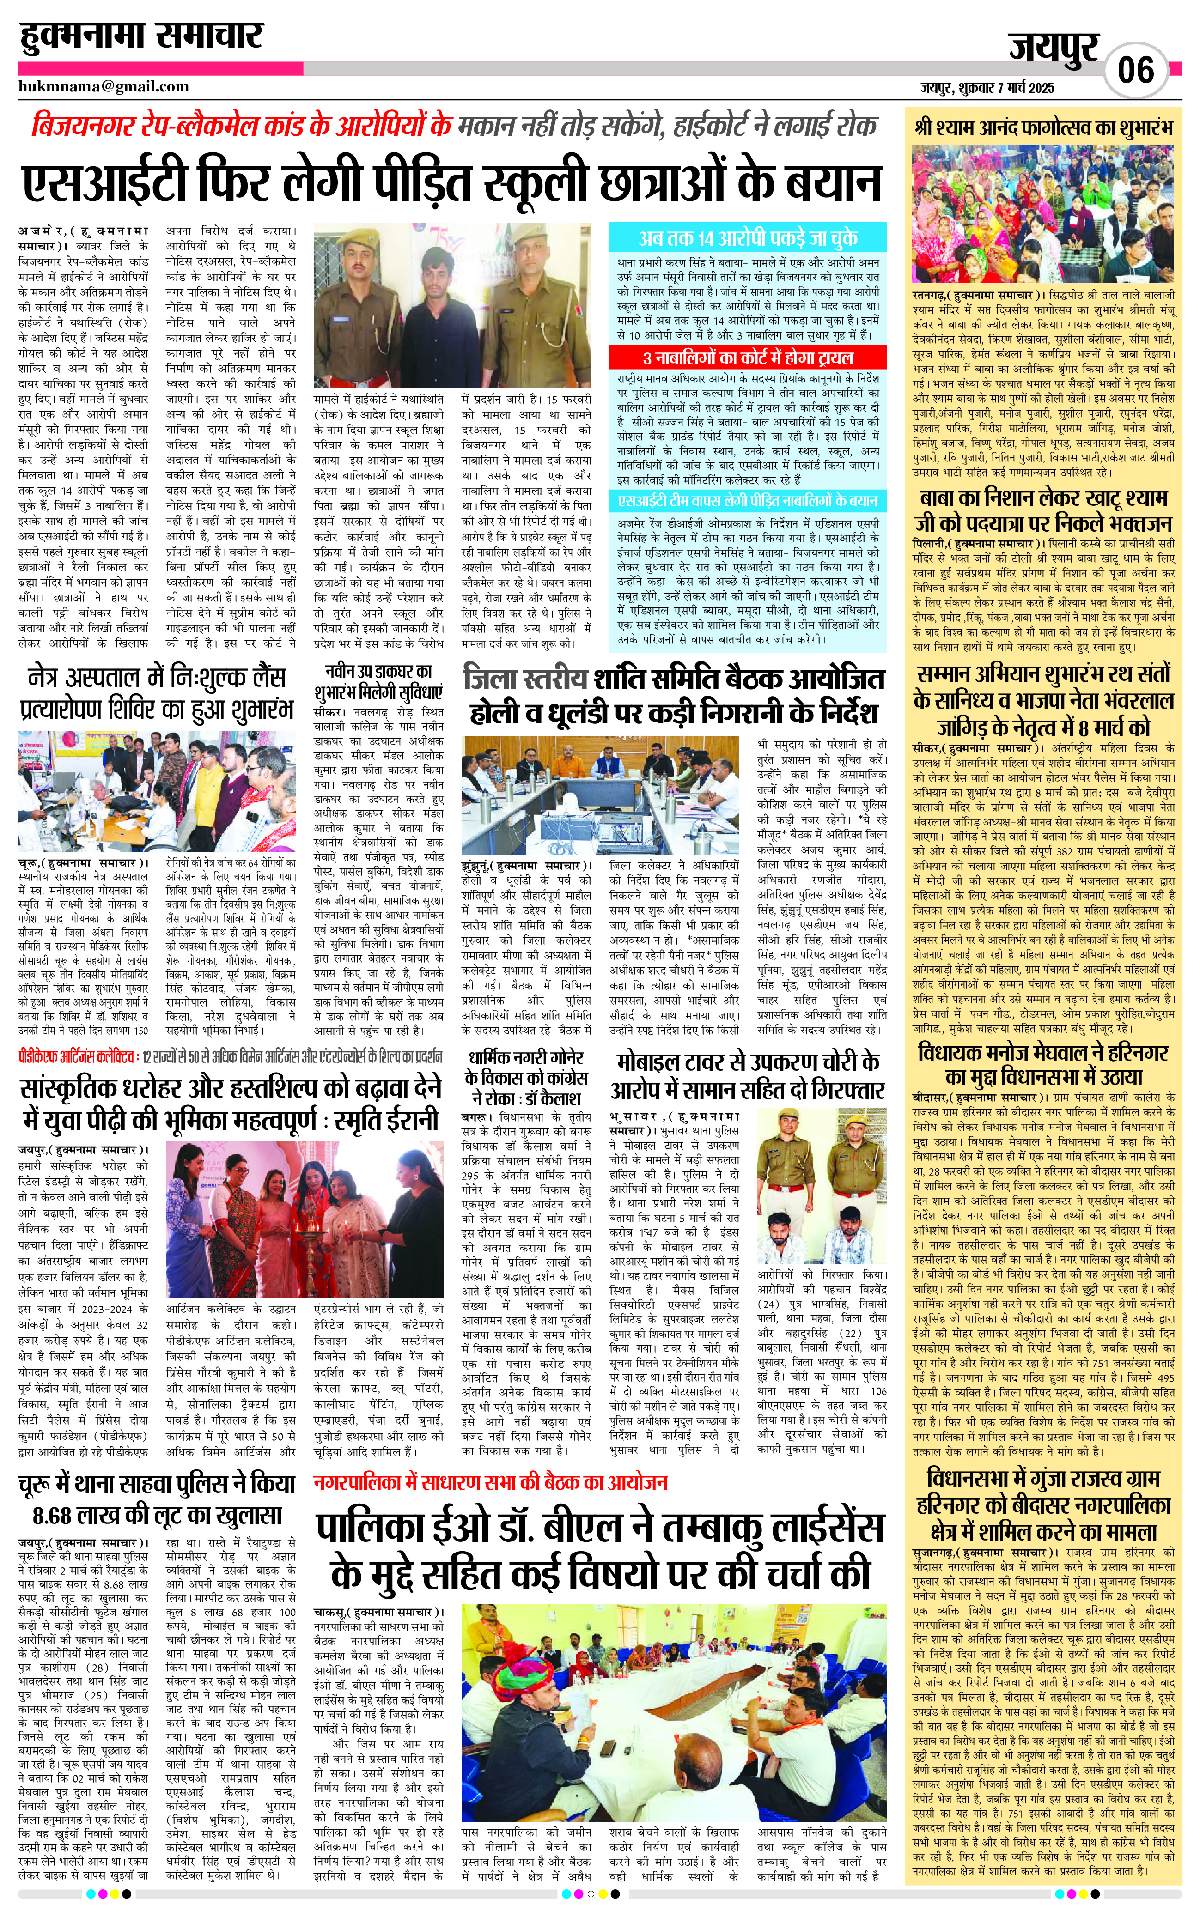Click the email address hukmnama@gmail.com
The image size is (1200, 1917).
(x=104, y=86)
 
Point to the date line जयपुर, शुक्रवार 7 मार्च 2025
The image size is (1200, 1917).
(x=987, y=87)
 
